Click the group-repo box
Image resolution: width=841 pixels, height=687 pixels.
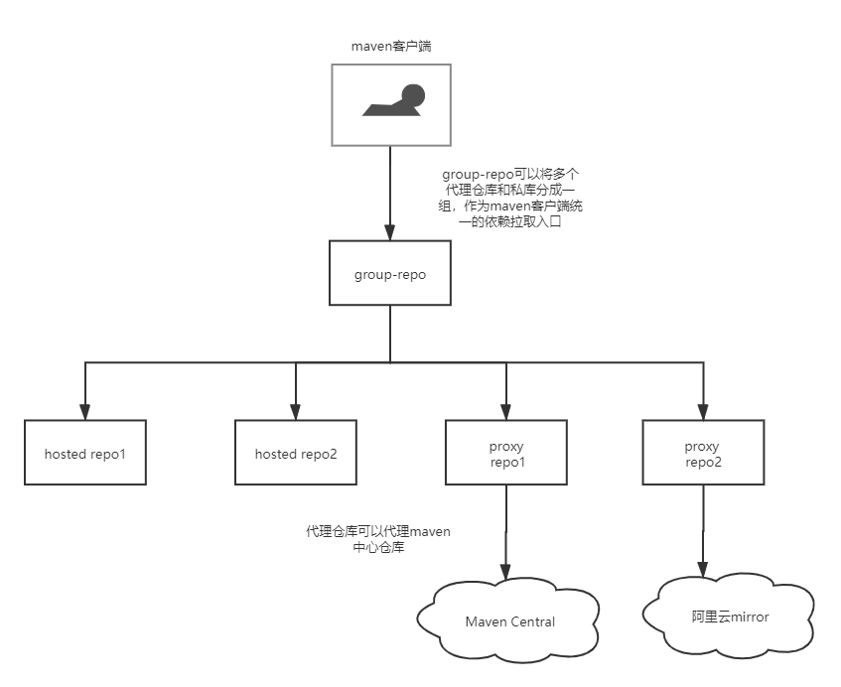(390, 274)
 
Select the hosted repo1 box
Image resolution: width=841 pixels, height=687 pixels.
(85, 454)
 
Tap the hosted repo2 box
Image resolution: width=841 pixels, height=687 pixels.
(296, 454)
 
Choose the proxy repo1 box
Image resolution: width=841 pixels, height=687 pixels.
(506, 453)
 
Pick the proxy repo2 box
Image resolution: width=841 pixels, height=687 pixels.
(703, 453)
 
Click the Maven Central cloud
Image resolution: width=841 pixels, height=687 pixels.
(510, 621)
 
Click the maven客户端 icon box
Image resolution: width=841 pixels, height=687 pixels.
(390, 105)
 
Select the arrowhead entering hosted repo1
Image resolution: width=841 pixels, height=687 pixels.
(85, 411)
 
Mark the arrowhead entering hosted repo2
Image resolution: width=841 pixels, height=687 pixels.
(296, 411)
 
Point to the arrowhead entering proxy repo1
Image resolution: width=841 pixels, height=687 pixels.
(506, 411)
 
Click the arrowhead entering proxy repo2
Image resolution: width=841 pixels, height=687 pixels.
(703, 411)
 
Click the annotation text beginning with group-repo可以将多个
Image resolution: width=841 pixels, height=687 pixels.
(512, 199)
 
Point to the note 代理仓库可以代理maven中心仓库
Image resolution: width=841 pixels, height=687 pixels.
(377, 539)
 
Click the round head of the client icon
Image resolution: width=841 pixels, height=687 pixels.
(412, 95)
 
